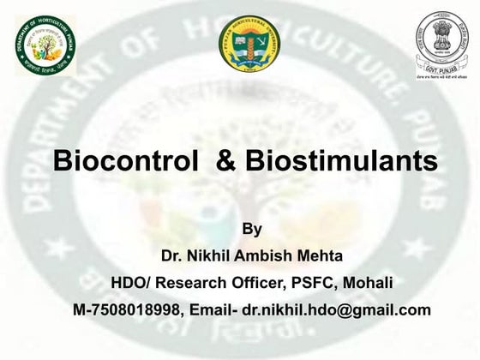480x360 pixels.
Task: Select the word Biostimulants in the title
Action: (x=339, y=163)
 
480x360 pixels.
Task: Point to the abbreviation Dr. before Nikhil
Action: (x=172, y=256)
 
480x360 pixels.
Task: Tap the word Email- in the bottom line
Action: (x=210, y=309)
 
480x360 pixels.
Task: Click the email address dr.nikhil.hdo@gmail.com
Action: (x=336, y=309)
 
